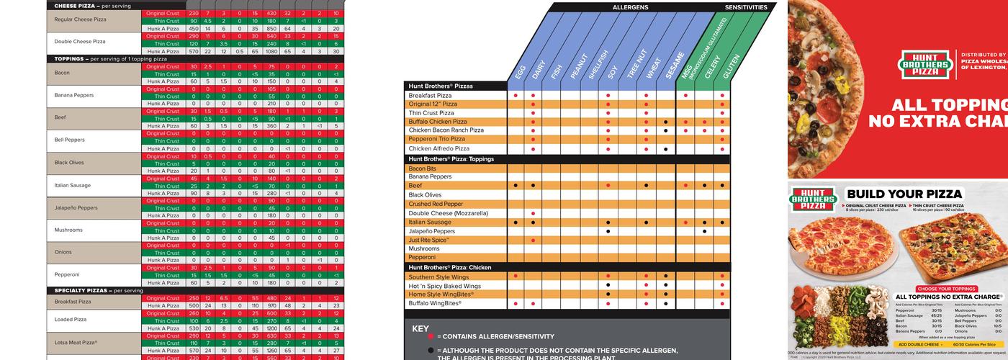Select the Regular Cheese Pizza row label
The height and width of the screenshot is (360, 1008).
pyautogui.click(x=80, y=19)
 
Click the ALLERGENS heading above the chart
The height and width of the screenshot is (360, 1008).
pyautogui.click(x=630, y=7)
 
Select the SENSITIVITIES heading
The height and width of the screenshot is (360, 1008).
pyautogui.click(x=750, y=7)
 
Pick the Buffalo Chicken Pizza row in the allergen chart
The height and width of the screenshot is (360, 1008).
pyautogui.click(x=438, y=122)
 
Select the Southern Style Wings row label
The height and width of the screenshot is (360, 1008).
pyautogui.click(x=438, y=276)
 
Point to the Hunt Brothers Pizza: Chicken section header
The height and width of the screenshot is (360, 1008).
pyautogui.click(x=449, y=267)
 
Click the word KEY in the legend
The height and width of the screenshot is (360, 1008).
pyautogui.click(x=420, y=328)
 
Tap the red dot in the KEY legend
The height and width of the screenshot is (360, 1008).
pyautogui.click(x=431, y=336)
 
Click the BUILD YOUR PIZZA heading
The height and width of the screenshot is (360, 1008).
pyautogui.click(x=904, y=194)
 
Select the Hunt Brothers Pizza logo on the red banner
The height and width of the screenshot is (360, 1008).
pyautogui.click(x=924, y=65)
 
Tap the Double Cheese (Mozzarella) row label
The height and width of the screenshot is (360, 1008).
pyautogui.click(x=448, y=213)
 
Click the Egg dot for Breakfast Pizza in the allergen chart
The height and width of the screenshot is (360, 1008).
pyautogui.click(x=516, y=95)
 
